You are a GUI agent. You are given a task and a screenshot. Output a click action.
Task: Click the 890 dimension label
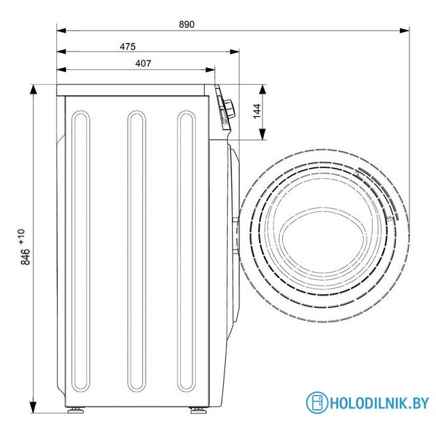click(x=186, y=24)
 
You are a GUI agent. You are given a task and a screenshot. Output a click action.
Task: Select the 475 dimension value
click(x=128, y=46)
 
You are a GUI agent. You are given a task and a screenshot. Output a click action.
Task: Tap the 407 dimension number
click(x=144, y=63)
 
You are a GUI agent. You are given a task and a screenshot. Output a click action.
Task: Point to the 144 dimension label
click(x=257, y=111)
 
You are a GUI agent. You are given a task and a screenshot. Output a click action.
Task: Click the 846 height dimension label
click(x=25, y=257)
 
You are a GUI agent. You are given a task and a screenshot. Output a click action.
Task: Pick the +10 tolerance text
click(x=21, y=237)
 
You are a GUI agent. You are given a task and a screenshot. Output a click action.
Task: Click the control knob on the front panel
click(x=230, y=109)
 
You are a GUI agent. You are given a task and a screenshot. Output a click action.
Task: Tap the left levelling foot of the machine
click(x=76, y=410)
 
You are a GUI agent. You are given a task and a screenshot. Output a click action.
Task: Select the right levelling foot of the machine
click(x=198, y=410)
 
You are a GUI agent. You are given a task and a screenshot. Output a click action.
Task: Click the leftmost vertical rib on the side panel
click(x=81, y=251)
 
